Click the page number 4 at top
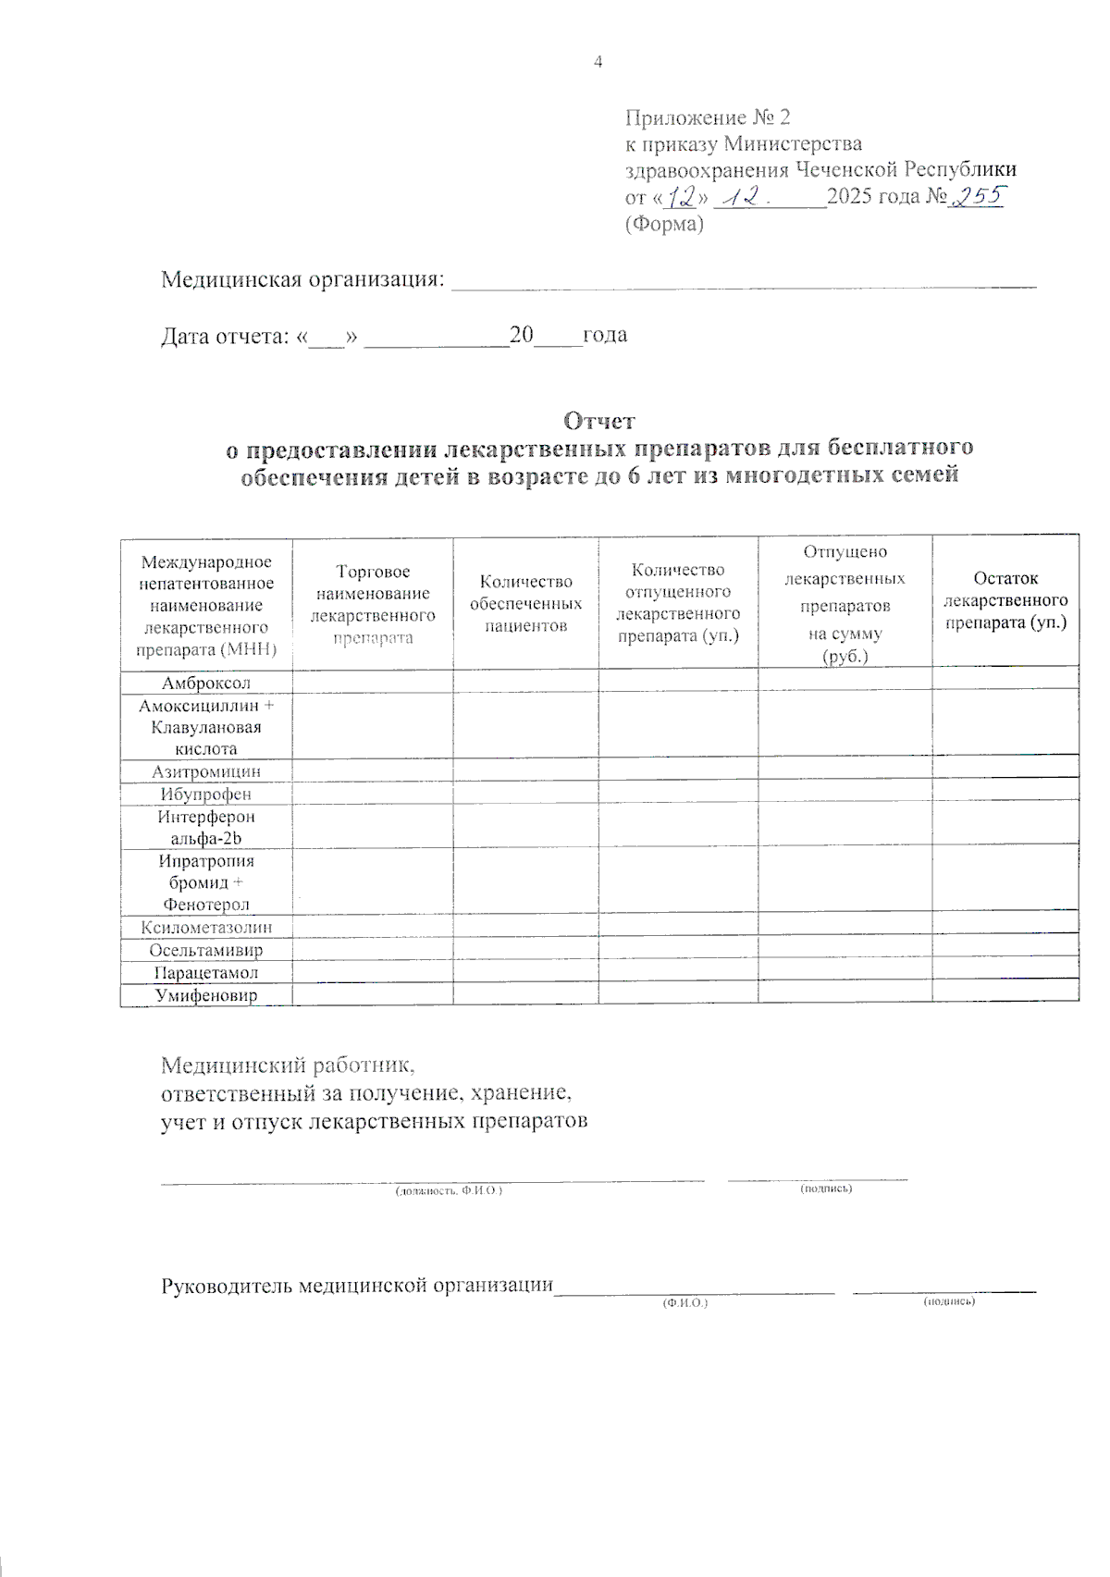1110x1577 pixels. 598,62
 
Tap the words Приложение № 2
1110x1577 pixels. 708,117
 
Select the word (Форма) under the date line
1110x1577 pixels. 664,224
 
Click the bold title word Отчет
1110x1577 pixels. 599,421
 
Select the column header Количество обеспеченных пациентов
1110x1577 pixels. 525,603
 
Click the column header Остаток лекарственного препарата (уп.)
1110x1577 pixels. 1005,600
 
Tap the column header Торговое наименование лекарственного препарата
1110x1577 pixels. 373,605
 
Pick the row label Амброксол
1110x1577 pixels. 206,683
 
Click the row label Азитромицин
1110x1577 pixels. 206,771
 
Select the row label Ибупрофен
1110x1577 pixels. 206,794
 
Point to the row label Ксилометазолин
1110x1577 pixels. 206,928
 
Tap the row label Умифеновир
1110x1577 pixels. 206,995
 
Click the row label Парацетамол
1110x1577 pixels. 206,973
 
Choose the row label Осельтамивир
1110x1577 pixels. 206,950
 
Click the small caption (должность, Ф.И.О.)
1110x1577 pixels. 449,1191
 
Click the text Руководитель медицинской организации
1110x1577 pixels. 357,1286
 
